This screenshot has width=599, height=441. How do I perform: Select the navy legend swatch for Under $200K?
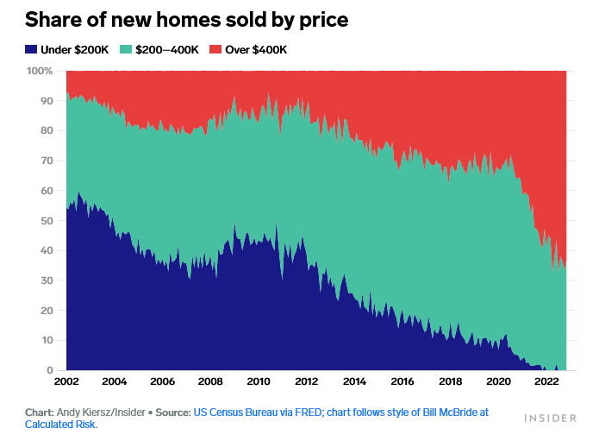(x=31, y=50)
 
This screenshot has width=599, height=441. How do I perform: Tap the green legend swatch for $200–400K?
(x=126, y=50)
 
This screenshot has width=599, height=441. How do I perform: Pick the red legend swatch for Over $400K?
(x=215, y=50)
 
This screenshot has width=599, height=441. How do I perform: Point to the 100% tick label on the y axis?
(x=41, y=71)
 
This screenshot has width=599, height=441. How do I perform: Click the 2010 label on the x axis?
(x=258, y=381)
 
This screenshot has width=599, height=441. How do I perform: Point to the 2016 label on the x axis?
(x=402, y=381)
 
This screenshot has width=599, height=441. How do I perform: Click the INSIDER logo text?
(x=550, y=419)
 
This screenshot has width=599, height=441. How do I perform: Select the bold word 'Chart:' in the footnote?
(x=39, y=413)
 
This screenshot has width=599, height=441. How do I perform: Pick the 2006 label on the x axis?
(x=162, y=381)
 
